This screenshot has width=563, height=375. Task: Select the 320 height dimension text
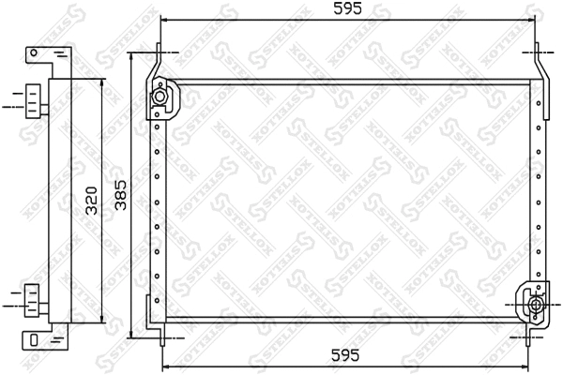pos(91,201)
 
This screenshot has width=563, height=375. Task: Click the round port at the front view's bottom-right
pos(536,304)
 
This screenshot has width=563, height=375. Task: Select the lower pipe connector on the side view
pos(34,302)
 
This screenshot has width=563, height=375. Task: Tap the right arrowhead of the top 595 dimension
pos(535,20)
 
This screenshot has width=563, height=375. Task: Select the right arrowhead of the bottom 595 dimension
pos(535,367)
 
